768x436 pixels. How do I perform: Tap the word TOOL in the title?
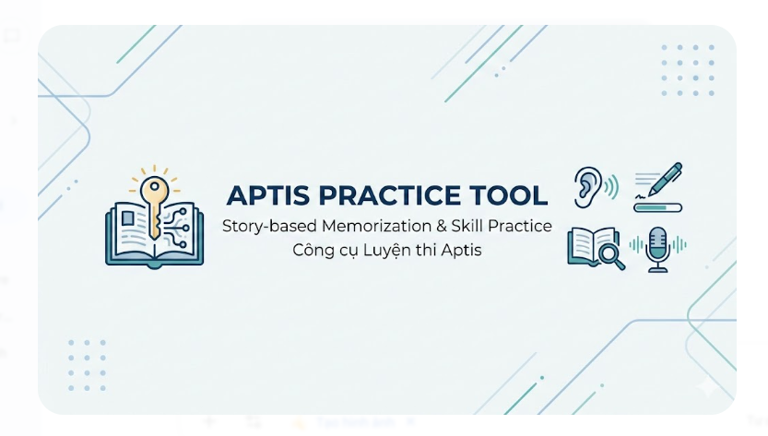[510, 195]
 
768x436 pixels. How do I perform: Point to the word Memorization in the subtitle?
[363, 227]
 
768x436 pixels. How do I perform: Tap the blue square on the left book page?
[126, 218]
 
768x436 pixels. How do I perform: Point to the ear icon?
[587, 185]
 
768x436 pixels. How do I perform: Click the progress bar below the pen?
[658, 207]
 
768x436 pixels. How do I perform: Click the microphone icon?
[657, 247]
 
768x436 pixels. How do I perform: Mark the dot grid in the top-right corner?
[686, 69]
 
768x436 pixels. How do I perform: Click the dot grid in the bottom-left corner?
[88, 362]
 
